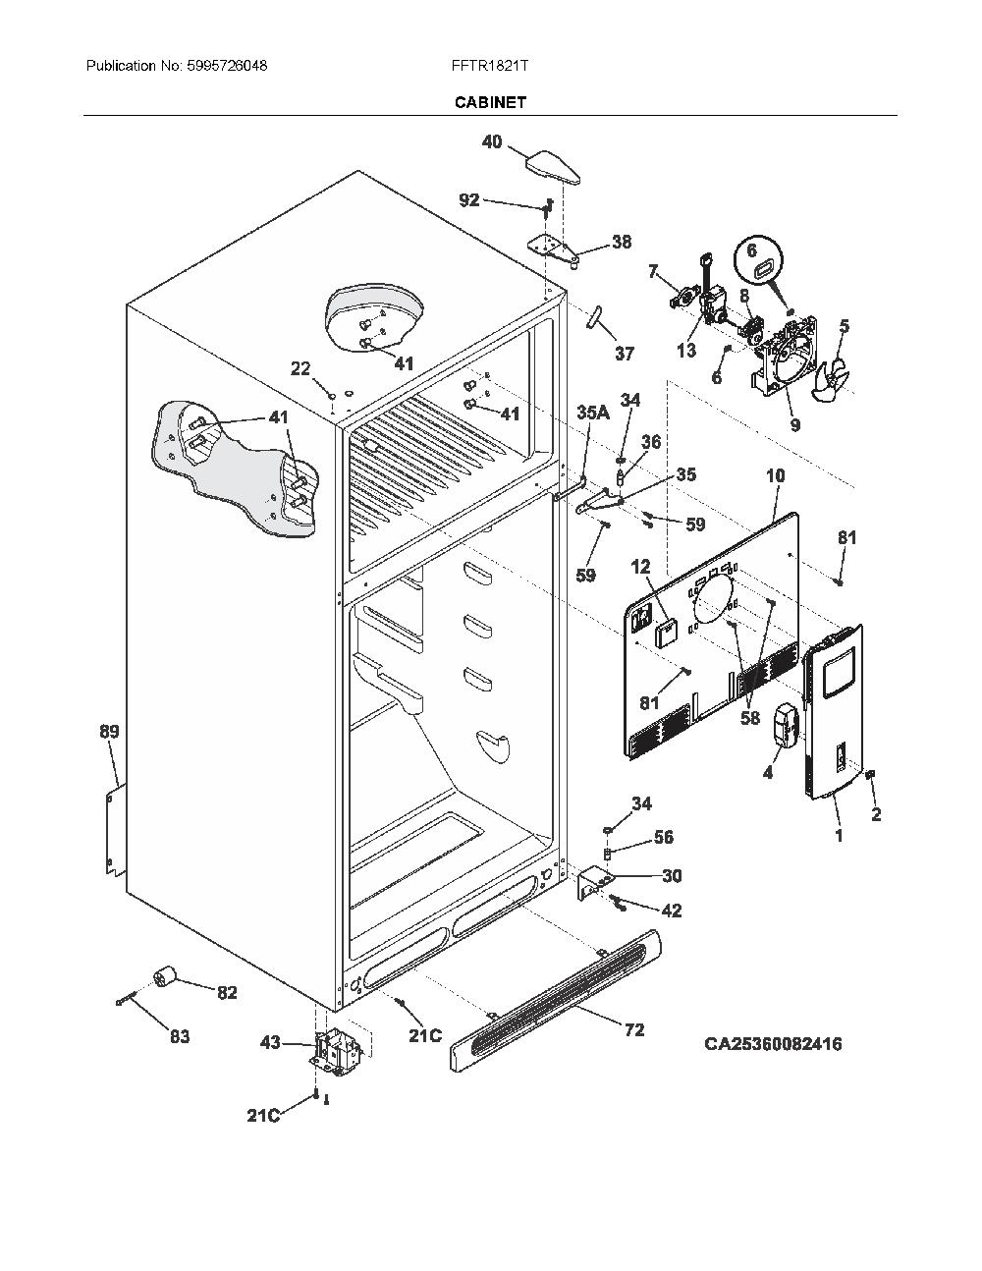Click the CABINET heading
(x=490, y=102)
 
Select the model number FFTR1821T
(x=490, y=66)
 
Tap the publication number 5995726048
(x=228, y=66)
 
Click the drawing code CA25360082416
(x=774, y=1043)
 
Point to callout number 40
(x=492, y=141)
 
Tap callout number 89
(x=109, y=731)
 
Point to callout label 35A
(x=593, y=413)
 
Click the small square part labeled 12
(x=666, y=633)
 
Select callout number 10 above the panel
(x=776, y=475)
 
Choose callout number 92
(x=468, y=200)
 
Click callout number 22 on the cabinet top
(x=300, y=368)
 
